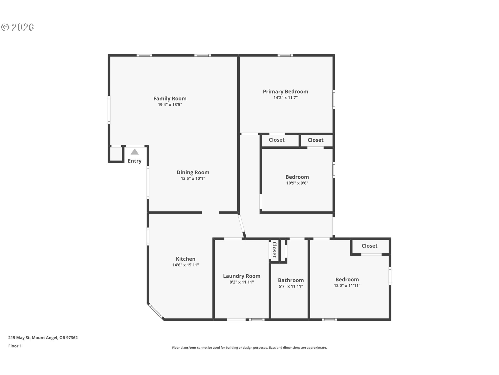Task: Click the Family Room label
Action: tap(170, 98)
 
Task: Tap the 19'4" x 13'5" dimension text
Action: tap(170, 105)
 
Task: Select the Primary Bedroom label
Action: tap(285, 92)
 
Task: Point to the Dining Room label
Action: tap(193, 172)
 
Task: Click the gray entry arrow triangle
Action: tap(135, 152)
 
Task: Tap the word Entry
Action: tap(135, 161)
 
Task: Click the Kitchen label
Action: tap(186, 259)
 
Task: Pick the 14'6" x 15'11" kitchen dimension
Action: tap(186, 265)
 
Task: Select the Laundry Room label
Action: tap(242, 276)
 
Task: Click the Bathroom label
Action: tap(291, 280)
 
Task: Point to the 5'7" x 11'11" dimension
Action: tap(291, 286)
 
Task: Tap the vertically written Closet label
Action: tap(274, 250)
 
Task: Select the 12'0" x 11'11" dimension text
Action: tap(347, 286)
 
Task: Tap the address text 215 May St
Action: tap(19, 338)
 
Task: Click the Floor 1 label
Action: tap(15, 346)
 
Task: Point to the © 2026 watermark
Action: tap(17, 27)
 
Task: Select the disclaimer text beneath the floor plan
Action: tap(249, 348)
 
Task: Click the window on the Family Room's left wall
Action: tap(109, 109)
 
